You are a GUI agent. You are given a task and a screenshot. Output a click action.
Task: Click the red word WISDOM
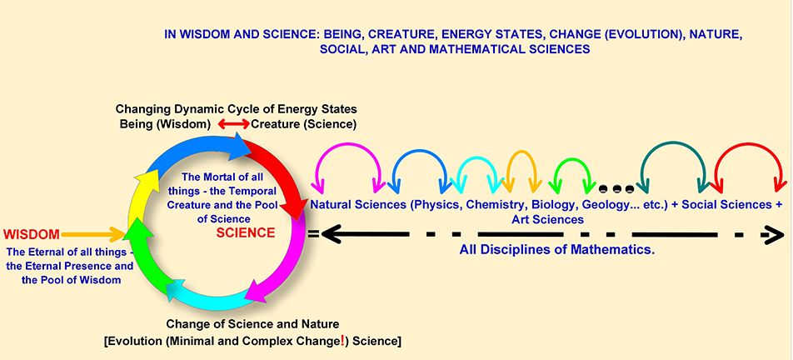tap(32, 235)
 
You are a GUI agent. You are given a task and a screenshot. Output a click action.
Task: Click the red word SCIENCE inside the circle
tap(246, 233)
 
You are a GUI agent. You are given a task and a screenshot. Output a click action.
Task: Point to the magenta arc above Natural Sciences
tap(347, 145)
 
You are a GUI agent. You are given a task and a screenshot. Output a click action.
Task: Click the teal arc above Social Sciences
tap(673, 142)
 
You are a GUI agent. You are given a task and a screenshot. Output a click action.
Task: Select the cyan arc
tap(477, 157)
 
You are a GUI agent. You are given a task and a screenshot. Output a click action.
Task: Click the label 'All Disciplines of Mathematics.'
tap(557, 249)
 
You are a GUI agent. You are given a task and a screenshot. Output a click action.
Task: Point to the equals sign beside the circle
tap(313, 234)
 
